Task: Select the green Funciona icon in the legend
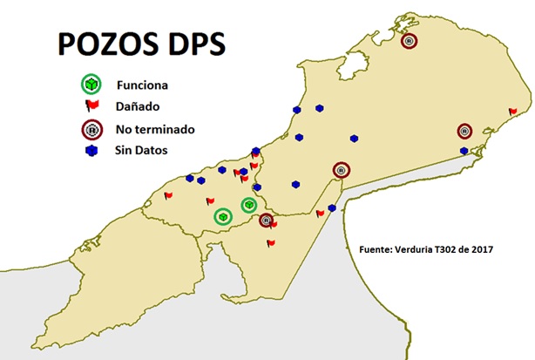coord(91,85)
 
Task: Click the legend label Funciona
coord(141,85)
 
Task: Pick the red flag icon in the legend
coord(90,107)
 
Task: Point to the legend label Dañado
coord(137,107)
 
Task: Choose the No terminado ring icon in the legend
coord(90,130)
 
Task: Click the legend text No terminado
coord(154,129)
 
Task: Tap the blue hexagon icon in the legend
coord(90,151)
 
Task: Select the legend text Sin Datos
coord(141,151)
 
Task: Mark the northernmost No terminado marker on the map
coord(408,40)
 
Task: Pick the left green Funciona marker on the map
coord(222,215)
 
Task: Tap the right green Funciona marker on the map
coord(248,205)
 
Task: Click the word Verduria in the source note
coord(402,249)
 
